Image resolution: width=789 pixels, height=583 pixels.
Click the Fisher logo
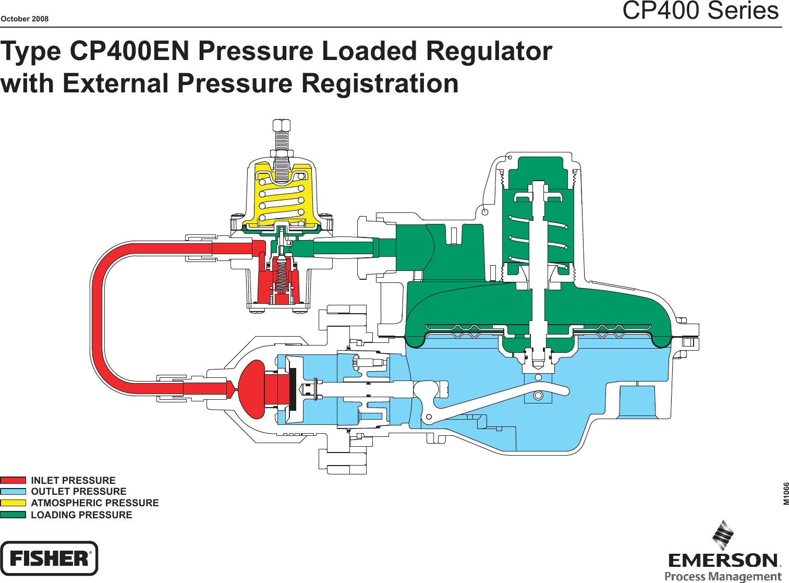[49, 558]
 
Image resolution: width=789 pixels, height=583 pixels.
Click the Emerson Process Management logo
[724, 553]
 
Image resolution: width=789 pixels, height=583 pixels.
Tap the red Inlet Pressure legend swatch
[13, 480]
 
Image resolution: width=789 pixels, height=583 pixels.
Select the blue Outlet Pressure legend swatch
[13, 492]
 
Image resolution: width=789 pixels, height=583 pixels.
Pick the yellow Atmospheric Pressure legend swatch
[13, 503]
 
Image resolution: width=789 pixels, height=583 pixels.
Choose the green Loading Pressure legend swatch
[13, 515]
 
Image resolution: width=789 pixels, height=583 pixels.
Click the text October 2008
[25, 19]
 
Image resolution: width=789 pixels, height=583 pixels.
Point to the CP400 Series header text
[700, 10]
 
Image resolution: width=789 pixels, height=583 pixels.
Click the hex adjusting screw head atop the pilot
[282, 125]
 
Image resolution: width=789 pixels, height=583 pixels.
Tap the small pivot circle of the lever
[429, 417]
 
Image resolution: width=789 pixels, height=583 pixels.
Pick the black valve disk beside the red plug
[293, 389]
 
